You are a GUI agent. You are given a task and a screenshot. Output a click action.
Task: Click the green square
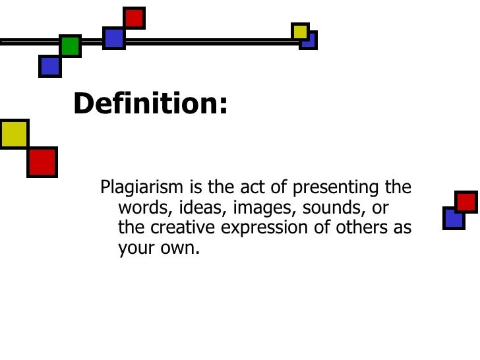pos(70,45)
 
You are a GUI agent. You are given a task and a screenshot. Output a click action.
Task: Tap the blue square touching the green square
pos(49,65)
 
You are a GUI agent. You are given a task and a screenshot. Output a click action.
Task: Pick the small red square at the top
pos(134,18)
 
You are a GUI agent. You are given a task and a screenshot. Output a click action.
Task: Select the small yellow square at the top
pos(300,31)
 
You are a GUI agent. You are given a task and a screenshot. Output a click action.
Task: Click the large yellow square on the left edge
pos(14,134)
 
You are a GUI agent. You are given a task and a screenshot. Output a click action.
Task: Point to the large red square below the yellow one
pos(42,162)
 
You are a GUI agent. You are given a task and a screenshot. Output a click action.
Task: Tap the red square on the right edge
pos(466,202)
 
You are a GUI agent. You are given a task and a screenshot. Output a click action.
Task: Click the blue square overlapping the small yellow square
pos(309,41)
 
